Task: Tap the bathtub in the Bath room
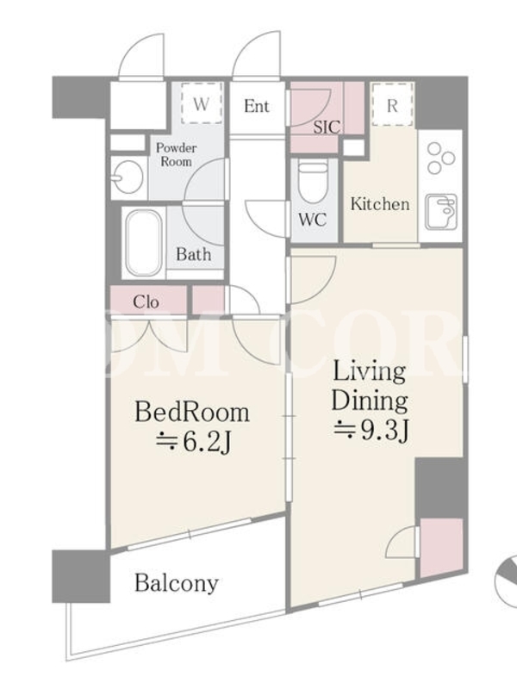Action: pyautogui.click(x=143, y=243)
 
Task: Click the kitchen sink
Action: pyautogui.click(x=441, y=212)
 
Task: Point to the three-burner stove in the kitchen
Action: pyautogui.click(x=440, y=158)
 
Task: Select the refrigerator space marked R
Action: pyautogui.click(x=392, y=105)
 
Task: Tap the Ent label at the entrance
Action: pyautogui.click(x=256, y=106)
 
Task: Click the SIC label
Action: pyautogui.click(x=327, y=127)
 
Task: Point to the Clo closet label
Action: pyautogui.click(x=146, y=302)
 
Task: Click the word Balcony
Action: pyautogui.click(x=177, y=584)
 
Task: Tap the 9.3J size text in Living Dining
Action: pyautogui.click(x=372, y=431)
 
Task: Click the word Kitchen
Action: pyautogui.click(x=380, y=204)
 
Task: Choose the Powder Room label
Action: pyautogui.click(x=176, y=154)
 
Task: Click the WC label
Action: pyautogui.click(x=313, y=220)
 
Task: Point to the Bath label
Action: pyautogui.click(x=193, y=254)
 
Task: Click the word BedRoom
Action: pyautogui.click(x=192, y=413)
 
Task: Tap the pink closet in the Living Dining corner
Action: pyautogui.click(x=441, y=548)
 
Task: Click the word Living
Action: pyautogui.click(x=370, y=372)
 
